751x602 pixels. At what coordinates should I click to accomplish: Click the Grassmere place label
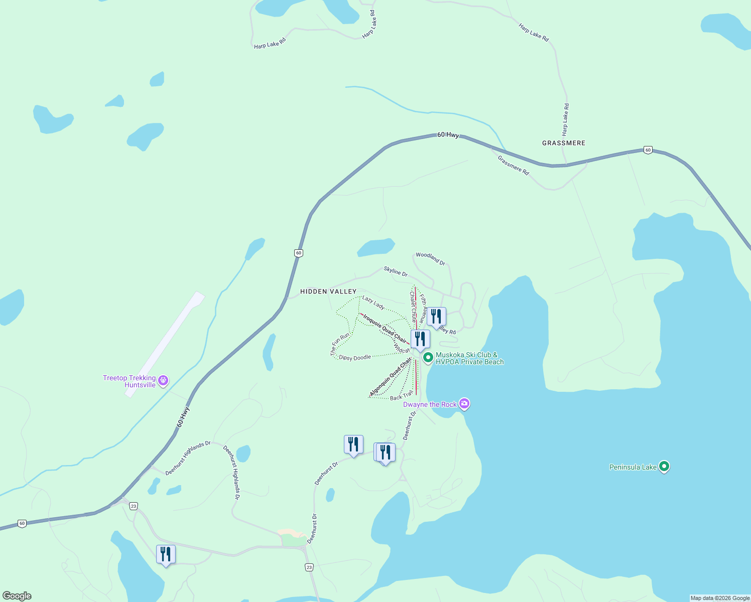[563, 143]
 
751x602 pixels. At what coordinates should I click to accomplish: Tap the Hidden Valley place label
[328, 291]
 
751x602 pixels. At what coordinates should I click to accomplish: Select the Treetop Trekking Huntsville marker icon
[163, 381]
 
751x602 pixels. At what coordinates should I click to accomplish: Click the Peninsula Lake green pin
[664, 467]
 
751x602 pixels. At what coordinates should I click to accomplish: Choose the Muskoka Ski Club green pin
[428, 358]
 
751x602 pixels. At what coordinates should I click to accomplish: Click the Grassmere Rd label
[513, 165]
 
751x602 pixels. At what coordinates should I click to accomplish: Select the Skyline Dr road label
[396, 271]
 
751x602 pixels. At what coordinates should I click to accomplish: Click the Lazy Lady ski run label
[373, 303]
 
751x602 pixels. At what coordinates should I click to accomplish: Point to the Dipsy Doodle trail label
[355, 358]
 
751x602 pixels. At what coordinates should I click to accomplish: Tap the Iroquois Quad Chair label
[385, 328]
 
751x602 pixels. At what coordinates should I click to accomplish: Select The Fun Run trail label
[340, 344]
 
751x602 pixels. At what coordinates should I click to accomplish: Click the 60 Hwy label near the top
[448, 135]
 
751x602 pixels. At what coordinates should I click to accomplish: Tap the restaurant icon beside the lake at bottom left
[166, 554]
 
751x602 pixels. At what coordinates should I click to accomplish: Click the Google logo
[17, 596]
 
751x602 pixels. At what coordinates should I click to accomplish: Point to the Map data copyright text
[719, 598]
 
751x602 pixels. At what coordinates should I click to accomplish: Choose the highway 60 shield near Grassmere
[648, 150]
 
